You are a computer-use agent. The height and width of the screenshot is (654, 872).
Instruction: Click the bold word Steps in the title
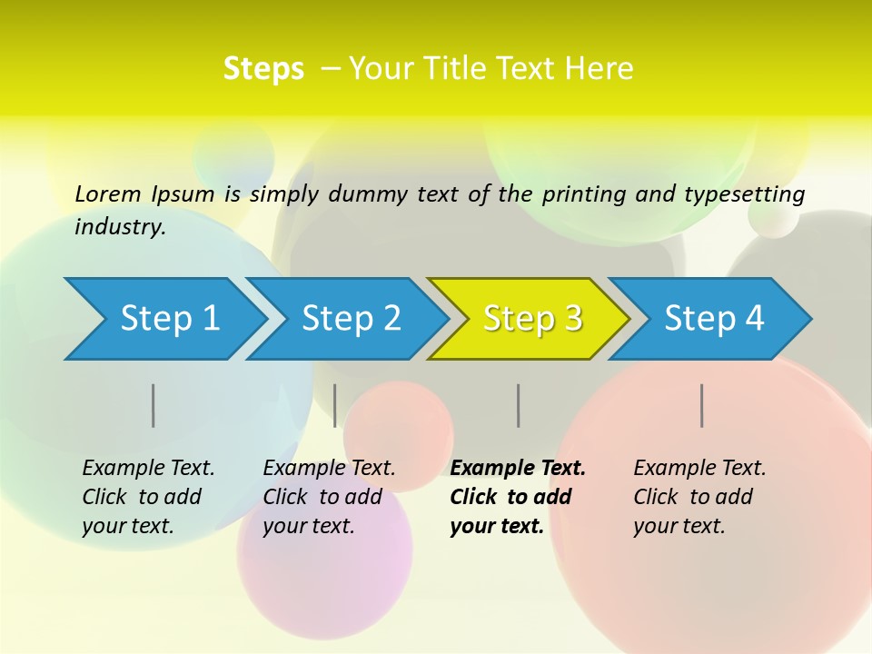263,69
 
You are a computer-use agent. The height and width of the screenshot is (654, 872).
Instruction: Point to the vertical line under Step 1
154,405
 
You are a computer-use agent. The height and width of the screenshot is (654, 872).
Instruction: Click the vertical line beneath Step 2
335,405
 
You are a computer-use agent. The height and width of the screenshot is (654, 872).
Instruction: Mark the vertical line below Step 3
519,405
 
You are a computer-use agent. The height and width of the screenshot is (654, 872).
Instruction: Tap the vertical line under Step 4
702,405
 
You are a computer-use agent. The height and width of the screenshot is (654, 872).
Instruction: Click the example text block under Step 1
148,497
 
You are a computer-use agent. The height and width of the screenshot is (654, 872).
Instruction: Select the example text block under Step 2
329,497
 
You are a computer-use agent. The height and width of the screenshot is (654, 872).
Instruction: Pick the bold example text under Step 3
518,497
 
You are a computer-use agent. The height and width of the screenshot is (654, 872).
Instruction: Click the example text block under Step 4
699,497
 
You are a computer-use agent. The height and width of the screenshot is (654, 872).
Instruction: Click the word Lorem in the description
108,193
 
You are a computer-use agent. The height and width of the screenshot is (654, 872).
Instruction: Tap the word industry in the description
120,227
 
